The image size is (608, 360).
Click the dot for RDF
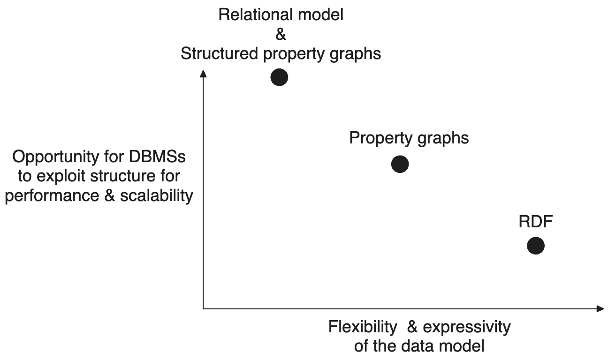(535, 245)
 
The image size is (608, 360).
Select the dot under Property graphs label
(400, 164)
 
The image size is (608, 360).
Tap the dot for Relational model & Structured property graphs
(279, 77)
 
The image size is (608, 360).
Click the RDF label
(535, 221)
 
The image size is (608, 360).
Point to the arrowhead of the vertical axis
(203, 74)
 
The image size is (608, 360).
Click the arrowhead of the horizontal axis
(600, 308)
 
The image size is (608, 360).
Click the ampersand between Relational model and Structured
(281, 35)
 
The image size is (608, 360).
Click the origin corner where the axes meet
(203, 308)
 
